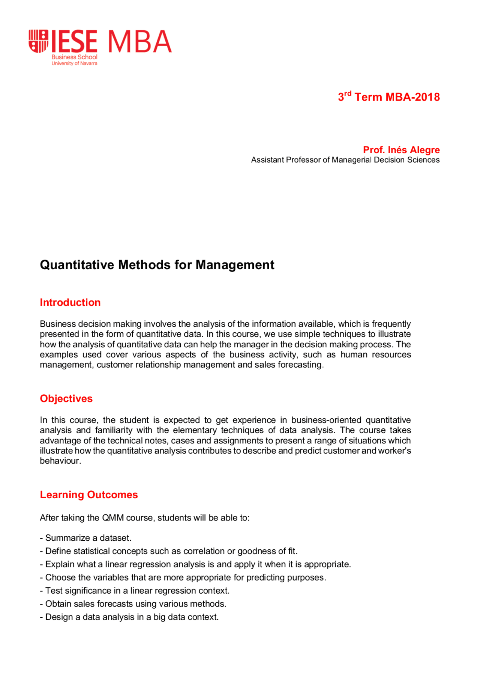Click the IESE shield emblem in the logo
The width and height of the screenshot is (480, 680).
(x=39, y=41)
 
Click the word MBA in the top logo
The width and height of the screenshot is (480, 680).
(x=140, y=42)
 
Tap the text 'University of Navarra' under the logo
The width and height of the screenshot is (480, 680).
(x=74, y=63)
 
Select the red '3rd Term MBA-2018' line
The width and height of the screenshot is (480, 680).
(x=388, y=97)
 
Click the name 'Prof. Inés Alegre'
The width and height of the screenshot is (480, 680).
(x=401, y=150)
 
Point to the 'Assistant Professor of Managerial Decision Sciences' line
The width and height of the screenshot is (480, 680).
(x=345, y=160)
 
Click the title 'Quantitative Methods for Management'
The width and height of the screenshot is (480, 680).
(x=157, y=265)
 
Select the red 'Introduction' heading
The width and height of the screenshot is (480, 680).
(x=70, y=302)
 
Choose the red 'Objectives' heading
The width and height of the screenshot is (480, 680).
(x=66, y=398)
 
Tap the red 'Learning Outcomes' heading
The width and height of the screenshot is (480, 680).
(x=89, y=495)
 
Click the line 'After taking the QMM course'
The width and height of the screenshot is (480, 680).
(x=144, y=518)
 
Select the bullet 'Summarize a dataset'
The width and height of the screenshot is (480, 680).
(x=86, y=538)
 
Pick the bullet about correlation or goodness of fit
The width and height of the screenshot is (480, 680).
(x=169, y=551)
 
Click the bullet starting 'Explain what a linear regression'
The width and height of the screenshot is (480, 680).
(x=195, y=564)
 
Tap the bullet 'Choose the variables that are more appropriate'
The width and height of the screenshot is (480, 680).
(x=183, y=577)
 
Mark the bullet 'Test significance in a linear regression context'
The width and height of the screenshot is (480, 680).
(x=135, y=591)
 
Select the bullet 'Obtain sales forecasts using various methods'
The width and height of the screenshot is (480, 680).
(x=133, y=604)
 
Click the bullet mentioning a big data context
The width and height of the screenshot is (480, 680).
(x=129, y=617)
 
